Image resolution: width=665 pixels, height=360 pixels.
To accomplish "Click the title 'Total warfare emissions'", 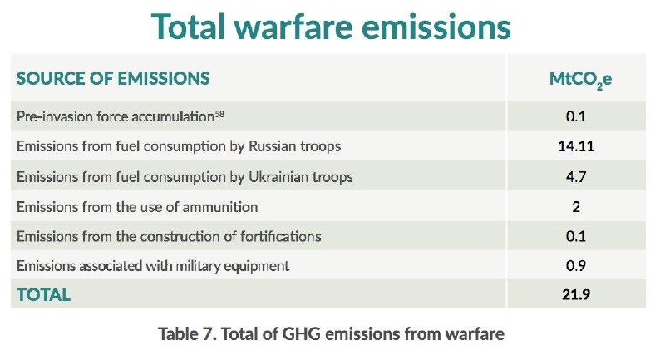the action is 331,27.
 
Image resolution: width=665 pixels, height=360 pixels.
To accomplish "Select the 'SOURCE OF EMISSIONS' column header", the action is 113,78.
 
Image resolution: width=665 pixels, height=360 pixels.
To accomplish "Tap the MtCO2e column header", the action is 580,80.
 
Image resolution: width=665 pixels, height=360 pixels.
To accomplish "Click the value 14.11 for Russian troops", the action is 576,146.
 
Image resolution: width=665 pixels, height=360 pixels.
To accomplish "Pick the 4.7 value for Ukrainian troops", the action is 576,176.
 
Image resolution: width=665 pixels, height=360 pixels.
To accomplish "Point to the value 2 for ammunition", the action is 576,207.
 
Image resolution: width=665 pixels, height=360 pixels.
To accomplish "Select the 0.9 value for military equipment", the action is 576,266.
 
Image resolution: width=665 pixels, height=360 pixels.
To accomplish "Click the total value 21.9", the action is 576,294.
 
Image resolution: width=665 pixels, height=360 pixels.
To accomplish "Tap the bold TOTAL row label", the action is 43,294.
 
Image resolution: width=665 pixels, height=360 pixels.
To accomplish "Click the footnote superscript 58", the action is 219,113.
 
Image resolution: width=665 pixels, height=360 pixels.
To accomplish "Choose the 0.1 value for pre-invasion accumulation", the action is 576,116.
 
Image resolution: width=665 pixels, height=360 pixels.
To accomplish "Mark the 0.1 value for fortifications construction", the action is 576,236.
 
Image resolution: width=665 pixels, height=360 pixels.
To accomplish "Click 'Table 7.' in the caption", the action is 188,333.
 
